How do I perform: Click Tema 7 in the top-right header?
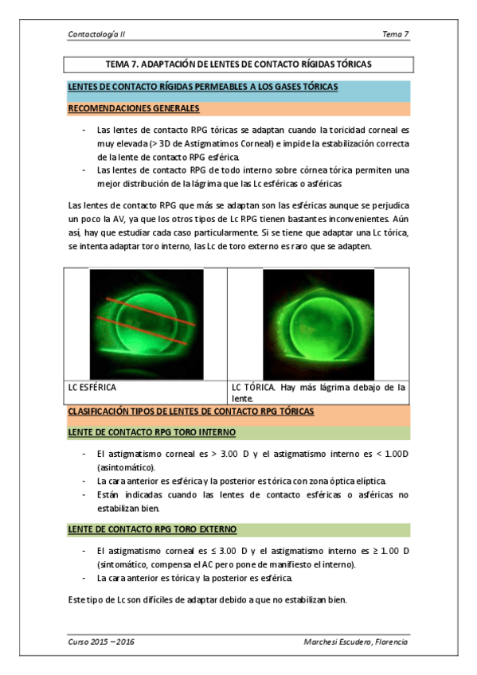pos(396,34)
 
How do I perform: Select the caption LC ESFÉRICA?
pos(92,388)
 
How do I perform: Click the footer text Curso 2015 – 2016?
pos(100,641)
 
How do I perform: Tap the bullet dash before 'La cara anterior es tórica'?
pos(84,578)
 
